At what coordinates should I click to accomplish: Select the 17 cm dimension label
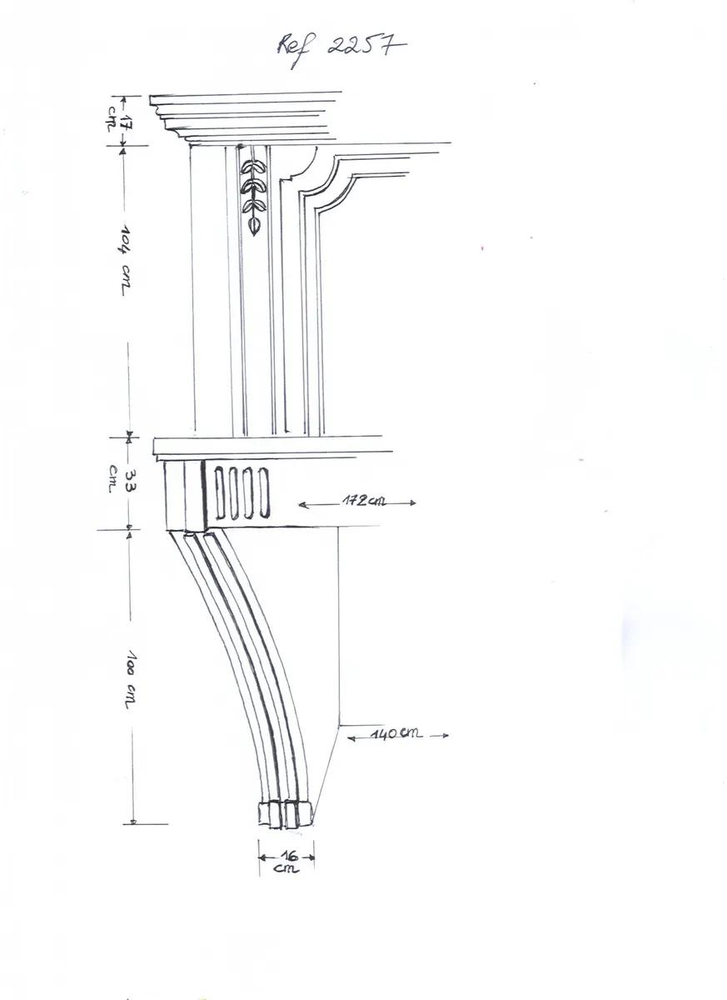[117, 121]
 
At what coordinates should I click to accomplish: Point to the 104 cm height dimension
[125, 260]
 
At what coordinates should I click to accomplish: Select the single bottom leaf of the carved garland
[254, 225]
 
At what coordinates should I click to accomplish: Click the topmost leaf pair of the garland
[253, 167]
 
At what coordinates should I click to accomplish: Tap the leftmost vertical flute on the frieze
[219, 492]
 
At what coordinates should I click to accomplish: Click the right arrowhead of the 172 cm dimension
[412, 502]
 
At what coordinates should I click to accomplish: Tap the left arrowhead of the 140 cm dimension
[351, 738]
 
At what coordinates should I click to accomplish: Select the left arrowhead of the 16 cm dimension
[262, 857]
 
